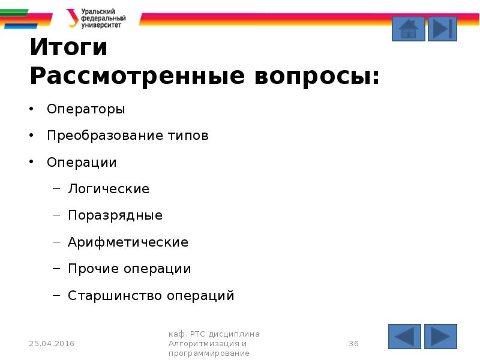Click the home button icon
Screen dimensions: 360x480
pyautogui.click(x=408, y=29)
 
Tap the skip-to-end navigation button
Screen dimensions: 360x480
pyautogui.click(x=443, y=29)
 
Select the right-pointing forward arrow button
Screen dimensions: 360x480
pyautogui.click(x=441, y=337)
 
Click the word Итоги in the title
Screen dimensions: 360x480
pyautogui.click(x=68, y=48)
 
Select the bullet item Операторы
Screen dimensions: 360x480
pyautogui.click(x=86, y=109)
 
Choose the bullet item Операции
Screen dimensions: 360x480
pyautogui.click(x=82, y=163)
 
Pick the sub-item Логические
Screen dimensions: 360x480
pyautogui.click(x=109, y=189)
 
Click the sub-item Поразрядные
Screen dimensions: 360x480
pyautogui.click(x=115, y=215)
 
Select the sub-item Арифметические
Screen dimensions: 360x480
pyautogui.click(x=128, y=242)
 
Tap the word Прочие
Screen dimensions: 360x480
pyautogui.click(x=94, y=269)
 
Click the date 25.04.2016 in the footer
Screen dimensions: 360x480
pyautogui.click(x=52, y=344)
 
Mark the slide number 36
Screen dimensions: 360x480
pyautogui.click(x=353, y=344)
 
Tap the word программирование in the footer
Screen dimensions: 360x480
pyautogui.click(x=209, y=354)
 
